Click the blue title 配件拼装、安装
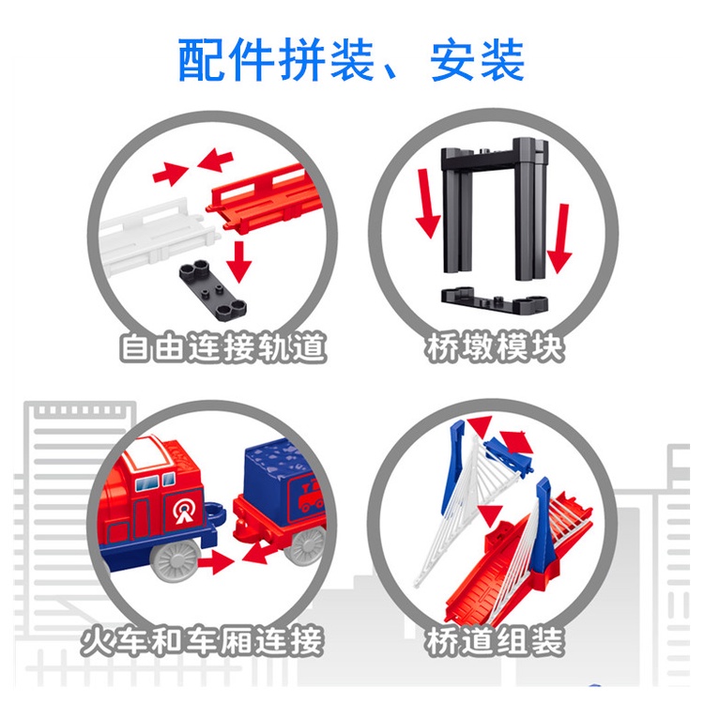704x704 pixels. [351, 60]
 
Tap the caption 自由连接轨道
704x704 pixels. [222, 347]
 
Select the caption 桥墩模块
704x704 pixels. [496, 347]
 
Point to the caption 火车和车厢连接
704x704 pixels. [203, 641]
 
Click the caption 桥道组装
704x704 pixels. [495, 641]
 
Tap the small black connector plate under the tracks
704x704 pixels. [213, 290]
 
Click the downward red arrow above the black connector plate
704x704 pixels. [238, 262]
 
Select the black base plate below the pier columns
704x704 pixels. [495, 299]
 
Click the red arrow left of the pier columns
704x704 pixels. [427, 203]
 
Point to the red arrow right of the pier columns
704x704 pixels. [559, 238]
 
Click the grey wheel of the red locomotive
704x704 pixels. [175, 560]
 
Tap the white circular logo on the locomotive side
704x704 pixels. [184, 512]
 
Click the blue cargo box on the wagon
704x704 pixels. [283, 481]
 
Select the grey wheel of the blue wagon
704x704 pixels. [308, 546]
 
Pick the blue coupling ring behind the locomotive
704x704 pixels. [216, 512]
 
